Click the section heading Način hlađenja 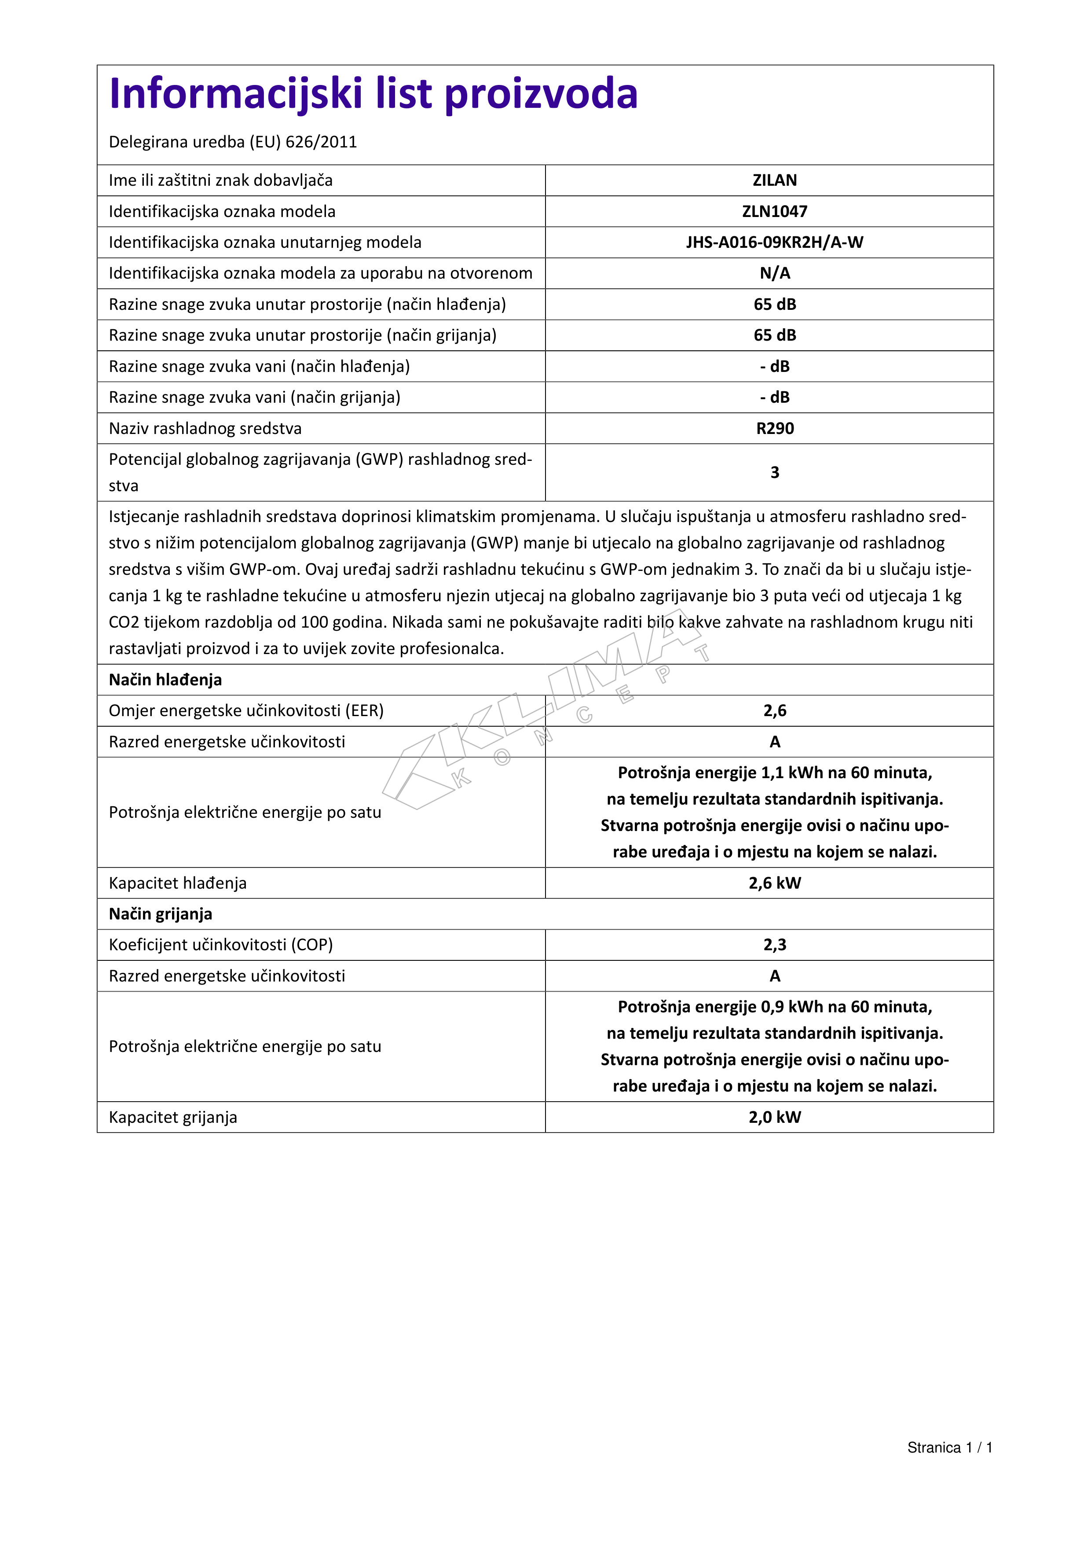click(165, 680)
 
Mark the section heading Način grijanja click(161, 914)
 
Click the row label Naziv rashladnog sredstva click(205, 428)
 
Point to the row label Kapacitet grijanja click(173, 1117)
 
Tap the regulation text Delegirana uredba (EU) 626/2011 click(233, 142)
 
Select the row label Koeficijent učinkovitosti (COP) click(220, 945)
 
